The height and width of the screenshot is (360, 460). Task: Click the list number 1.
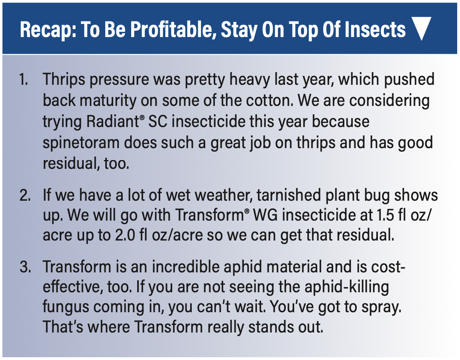(24, 79)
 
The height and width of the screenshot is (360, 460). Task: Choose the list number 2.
(25, 195)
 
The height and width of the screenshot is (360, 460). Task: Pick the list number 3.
(25, 267)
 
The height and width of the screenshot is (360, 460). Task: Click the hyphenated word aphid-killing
(347, 288)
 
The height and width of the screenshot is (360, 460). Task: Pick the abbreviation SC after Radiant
(158, 121)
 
